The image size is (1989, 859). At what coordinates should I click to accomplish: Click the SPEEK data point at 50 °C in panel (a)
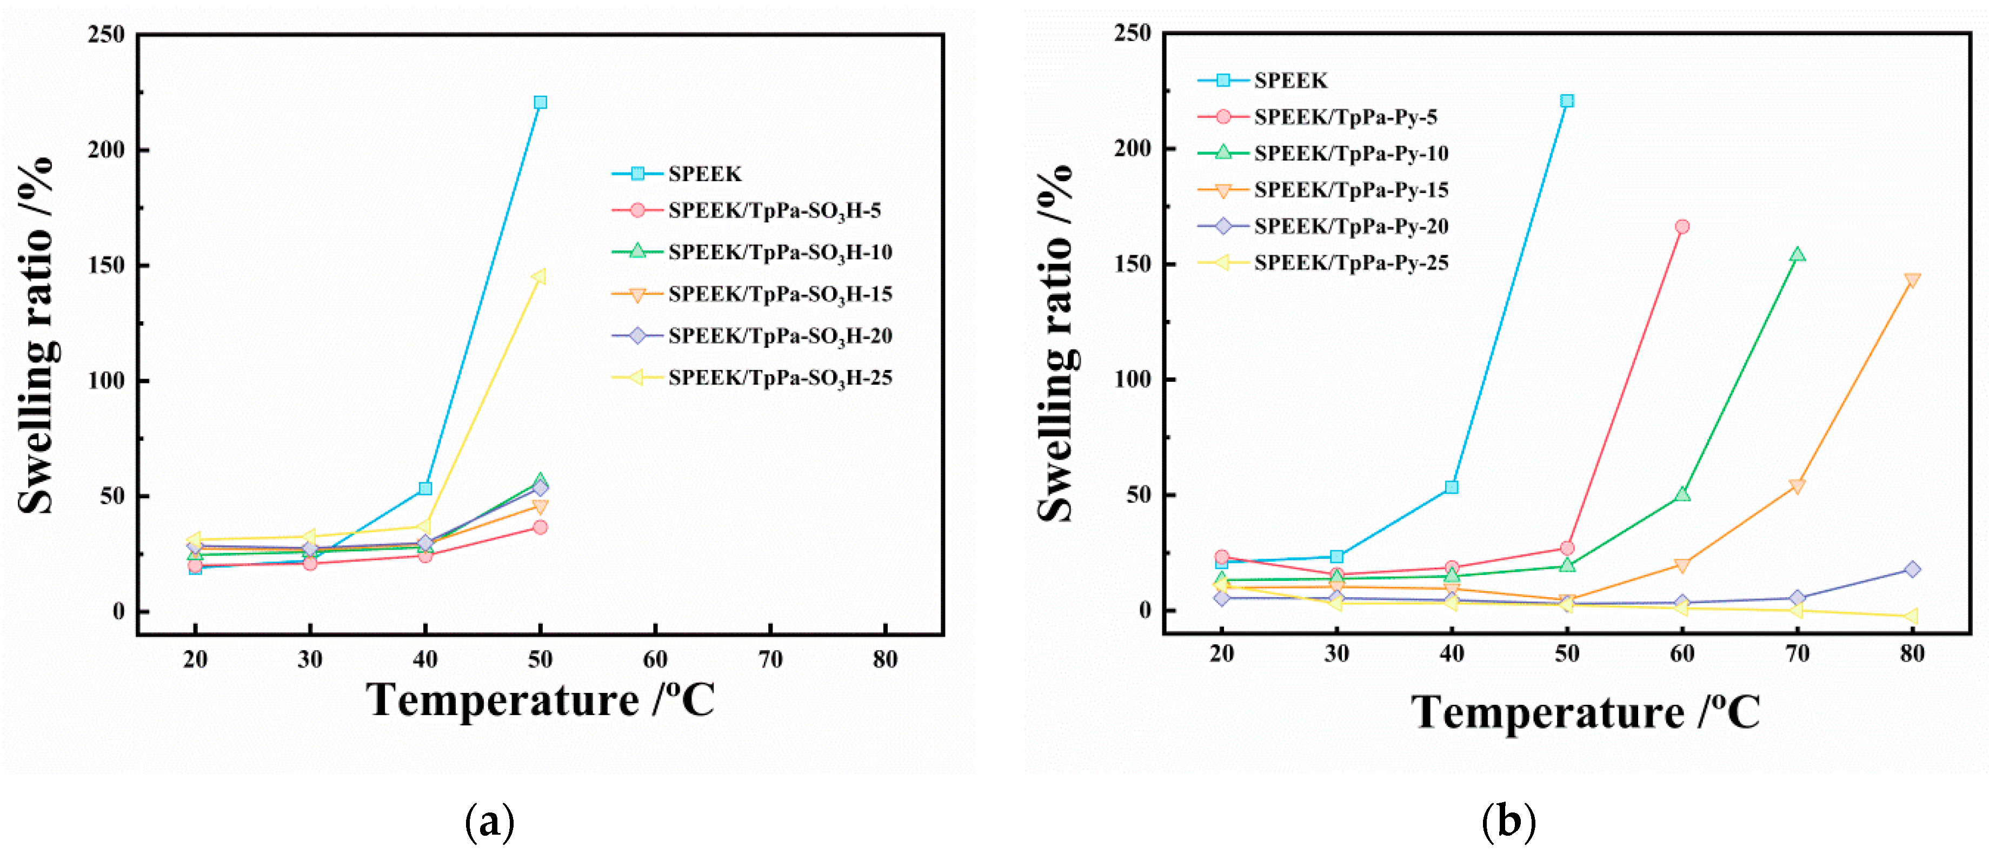(541, 102)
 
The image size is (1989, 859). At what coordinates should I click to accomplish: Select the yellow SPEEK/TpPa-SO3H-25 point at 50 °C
(539, 276)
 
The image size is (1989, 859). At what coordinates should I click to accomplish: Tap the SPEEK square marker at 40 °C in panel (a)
(425, 488)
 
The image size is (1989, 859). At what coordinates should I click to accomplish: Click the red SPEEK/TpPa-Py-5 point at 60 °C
(1682, 226)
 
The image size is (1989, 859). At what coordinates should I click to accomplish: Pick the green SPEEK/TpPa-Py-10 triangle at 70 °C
(1797, 254)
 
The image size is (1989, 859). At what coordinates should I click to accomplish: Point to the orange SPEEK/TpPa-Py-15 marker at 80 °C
(1912, 280)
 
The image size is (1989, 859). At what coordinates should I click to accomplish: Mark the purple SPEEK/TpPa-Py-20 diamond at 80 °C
(1912, 569)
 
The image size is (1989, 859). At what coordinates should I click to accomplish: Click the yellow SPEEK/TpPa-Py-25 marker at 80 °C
(1911, 616)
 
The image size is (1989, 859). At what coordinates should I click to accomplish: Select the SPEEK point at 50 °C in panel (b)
(1567, 101)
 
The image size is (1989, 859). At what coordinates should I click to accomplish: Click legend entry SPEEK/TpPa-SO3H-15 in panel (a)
(780, 294)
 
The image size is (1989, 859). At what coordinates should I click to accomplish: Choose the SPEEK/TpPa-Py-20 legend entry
(1351, 226)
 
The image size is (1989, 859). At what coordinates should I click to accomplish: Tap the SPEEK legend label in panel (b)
(1290, 81)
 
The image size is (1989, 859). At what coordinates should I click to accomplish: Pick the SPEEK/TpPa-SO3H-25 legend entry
(780, 378)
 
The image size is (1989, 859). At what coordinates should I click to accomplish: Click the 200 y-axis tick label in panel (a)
(107, 149)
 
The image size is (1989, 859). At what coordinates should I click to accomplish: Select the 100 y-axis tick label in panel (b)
(1133, 379)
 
